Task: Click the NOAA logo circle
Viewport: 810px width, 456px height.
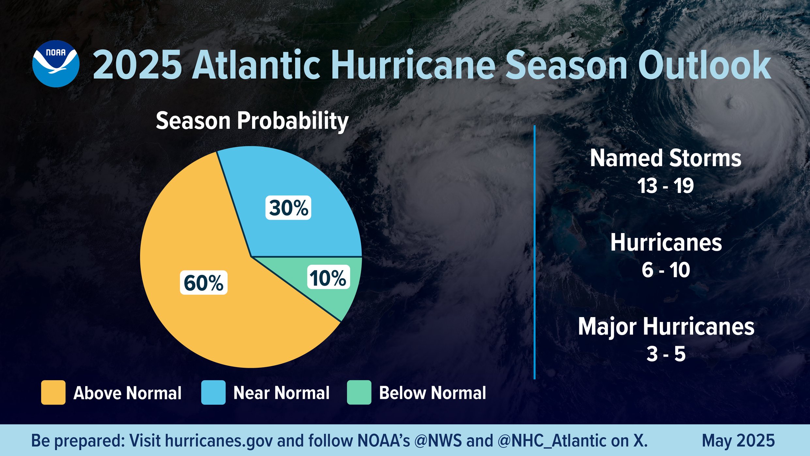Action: (x=56, y=64)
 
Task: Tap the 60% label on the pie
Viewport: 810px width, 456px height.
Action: (x=203, y=283)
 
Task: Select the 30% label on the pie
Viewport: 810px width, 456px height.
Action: (x=288, y=208)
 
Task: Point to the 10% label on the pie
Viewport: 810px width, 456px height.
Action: (x=328, y=278)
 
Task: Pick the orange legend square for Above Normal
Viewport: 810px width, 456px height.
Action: (x=53, y=393)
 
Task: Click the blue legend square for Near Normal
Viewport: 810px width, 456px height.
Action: (x=213, y=393)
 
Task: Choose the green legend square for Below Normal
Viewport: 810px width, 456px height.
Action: (x=359, y=393)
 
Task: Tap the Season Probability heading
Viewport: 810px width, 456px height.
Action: (x=252, y=121)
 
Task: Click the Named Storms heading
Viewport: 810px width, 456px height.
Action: (x=665, y=159)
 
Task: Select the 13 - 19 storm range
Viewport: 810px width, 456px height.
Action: (x=665, y=186)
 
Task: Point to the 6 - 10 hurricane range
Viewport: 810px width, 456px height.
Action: (x=666, y=270)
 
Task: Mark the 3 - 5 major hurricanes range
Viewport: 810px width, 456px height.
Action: (x=666, y=354)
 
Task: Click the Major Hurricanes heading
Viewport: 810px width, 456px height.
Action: (x=666, y=327)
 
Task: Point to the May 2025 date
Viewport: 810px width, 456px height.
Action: (x=738, y=441)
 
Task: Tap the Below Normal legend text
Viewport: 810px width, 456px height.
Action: (x=432, y=393)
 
